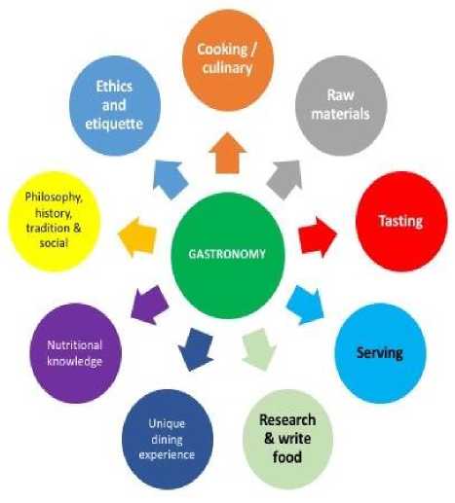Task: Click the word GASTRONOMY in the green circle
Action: click(x=227, y=254)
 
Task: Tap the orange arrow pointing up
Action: click(x=227, y=153)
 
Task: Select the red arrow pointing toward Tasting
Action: click(x=318, y=236)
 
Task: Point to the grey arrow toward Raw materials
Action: click(x=285, y=179)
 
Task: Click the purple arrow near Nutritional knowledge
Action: click(x=149, y=305)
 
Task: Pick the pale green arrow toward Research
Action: click(x=259, y=349)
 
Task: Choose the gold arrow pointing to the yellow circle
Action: click(x=137, y=237)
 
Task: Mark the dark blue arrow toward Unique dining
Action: click(x=196, y=349)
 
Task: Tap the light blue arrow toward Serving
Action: click(x=305, y=305)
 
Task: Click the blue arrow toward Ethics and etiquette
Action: click(x=170, y=179)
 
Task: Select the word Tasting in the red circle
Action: click(x=400, y=221)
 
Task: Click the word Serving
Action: click(x=380, y=353)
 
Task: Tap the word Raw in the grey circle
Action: click(x=340, y=95)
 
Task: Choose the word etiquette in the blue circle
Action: click(x=114, y=124)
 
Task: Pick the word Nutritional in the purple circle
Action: click(x=75, y=345)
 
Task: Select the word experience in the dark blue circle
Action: click(x=167, y=454)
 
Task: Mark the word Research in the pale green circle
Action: click(x=287, y=420)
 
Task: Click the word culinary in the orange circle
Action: click(x=227, y=68)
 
